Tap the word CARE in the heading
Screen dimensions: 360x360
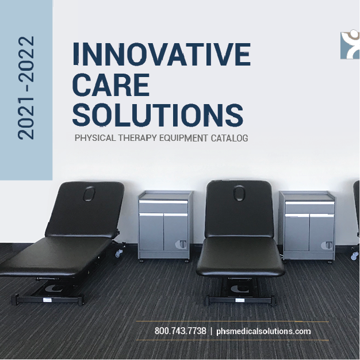click(x=111, y=85)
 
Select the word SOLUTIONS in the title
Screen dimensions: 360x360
click(x=158, y=113)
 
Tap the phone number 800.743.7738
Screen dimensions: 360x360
click(x=180, y=331)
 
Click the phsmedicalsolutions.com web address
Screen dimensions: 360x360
click(x=263, y=331)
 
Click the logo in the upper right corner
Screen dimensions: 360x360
click(x=350, y=45)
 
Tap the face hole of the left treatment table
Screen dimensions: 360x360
click(x=92, y=194)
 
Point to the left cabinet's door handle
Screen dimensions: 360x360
click(x=182, y=244)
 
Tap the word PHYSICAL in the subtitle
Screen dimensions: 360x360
click(x=94, y=139)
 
